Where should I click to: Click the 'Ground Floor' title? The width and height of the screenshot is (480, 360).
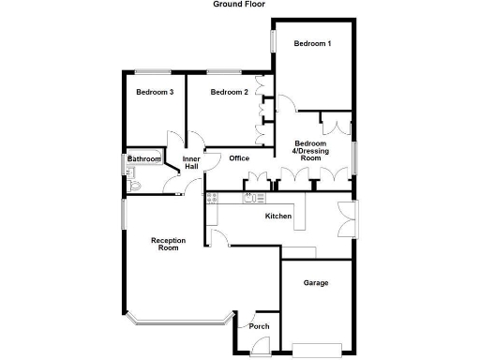[x=239, y=5]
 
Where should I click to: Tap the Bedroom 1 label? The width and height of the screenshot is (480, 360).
[x=312, y=44]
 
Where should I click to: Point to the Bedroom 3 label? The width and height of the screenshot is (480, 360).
[x=154, y=92]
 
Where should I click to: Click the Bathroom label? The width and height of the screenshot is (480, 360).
[x=145, y=159]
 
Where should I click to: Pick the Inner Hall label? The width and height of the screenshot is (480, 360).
[x=191, y=163]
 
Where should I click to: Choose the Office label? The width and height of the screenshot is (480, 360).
[x=238, y=158]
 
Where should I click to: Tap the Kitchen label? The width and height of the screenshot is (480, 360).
[x=278, y=217]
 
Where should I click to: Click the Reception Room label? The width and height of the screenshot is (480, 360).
[x=168, y=245]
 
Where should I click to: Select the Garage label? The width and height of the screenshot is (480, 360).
[x=315, y=282]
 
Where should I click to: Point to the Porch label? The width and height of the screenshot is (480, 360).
[x=259, y=326]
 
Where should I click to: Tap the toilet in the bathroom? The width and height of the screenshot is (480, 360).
[x=134, y=186]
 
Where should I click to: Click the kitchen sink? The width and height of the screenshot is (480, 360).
[x=252, y=198]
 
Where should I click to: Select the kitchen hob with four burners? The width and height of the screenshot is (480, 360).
[x=211, y=198]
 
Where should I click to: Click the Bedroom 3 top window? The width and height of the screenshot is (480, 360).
[x=149, y=71]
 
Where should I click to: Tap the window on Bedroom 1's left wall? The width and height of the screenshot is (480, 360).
[x=274, y=42]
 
